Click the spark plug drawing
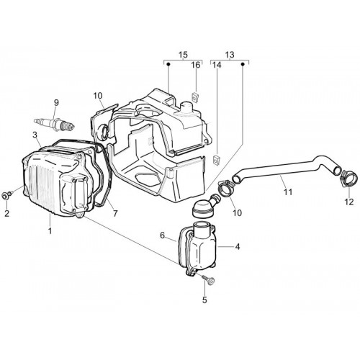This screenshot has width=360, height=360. (x=55, y=124)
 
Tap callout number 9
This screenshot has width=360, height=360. (x=56, y=103)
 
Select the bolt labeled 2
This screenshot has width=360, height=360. (x=6, y=195)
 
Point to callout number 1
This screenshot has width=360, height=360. (x=50, y=231)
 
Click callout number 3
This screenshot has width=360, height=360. (x=35, y=135)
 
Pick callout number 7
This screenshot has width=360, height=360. (x=115, y=213)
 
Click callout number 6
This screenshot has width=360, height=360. (x=163, y=235)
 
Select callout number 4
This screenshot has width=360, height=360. (x=237, y=247)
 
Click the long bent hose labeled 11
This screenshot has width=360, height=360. (x=286, y=171)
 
